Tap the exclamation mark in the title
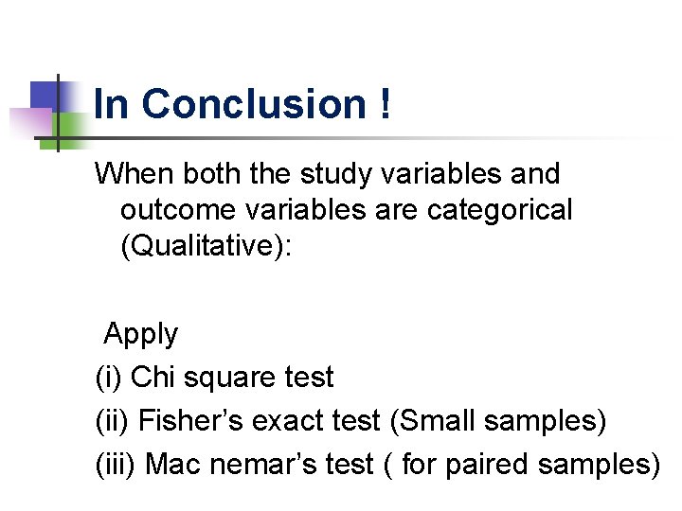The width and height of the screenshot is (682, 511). pos(384,104)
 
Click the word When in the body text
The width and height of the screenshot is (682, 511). pos(135,174)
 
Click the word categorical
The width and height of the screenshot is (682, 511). pos(500,210)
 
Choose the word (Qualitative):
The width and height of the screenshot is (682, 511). pos(207,247)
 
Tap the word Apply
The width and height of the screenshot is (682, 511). pos(140,334)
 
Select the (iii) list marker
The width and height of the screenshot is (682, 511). pos(117,465)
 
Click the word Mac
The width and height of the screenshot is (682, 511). pos(171,465)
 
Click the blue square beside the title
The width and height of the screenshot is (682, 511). pos(46,96)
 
